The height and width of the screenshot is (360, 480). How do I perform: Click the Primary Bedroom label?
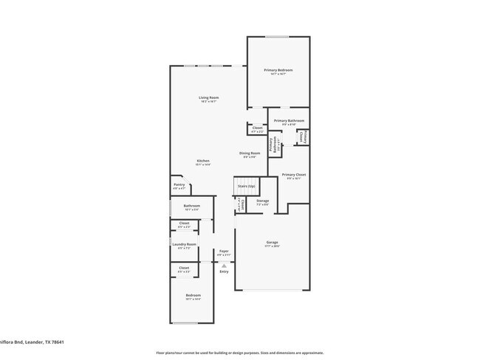click(278, 70)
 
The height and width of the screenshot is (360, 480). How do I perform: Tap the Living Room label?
click(208, 97)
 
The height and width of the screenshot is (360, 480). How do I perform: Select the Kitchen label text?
click(203, 161)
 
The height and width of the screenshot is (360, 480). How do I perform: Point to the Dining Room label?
click(250, 153)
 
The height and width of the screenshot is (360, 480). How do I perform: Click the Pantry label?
click(179, 184)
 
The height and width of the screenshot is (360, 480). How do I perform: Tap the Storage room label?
click(263, 201)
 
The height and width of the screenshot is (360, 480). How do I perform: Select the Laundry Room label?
click(184, 244)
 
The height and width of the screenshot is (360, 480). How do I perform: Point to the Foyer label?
click(224, 251)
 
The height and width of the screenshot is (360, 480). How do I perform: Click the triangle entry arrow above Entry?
click(224, 264)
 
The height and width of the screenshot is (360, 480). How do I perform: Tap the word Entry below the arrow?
click(224, 271)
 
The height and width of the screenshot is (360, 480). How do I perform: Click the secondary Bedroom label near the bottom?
click(192, 295)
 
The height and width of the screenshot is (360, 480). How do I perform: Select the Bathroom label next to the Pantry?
click(192, 206)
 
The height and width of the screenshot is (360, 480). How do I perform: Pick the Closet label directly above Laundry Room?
click(184, 223)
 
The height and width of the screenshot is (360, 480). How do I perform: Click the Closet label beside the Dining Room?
click(257, 128)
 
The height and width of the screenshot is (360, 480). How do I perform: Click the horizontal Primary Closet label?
click(293, 175)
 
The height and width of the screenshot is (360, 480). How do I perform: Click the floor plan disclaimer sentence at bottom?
click(239, 353)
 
